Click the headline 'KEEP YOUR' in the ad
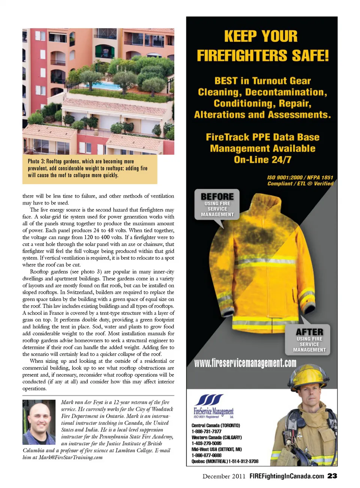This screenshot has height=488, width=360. click(x=261, y=36)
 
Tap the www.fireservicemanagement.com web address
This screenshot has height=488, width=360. click(x=245, y=363)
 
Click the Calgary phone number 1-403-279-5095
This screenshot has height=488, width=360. click(x=207, y=443)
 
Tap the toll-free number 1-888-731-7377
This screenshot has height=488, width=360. click(x=207, y=431)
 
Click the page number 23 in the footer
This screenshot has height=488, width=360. click(x=332, y=476)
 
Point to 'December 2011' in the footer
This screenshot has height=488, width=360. click(x=224, y=476)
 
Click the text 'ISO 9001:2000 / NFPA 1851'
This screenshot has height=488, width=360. click(x=300, y=178)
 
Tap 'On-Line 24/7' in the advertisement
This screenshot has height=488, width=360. click(x=262, y=160)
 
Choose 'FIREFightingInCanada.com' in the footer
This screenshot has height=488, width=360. click(x=287, y=476)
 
